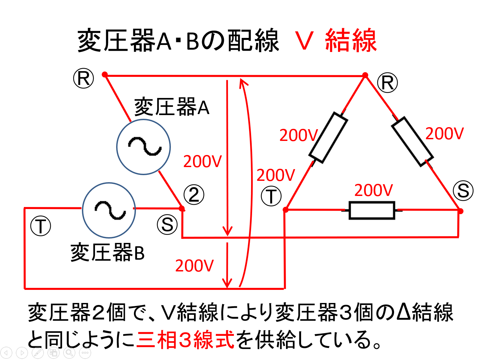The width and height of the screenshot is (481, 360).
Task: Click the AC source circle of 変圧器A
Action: [144, 147]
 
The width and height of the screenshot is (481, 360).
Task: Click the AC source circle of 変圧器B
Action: [109, 210]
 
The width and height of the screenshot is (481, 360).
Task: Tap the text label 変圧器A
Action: [172, 107]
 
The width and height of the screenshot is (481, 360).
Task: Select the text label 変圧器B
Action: [107, 253]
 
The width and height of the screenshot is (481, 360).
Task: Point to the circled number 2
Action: [194, 195]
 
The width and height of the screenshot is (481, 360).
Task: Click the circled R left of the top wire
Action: [84, 79]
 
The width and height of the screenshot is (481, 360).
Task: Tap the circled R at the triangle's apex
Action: [387, 83]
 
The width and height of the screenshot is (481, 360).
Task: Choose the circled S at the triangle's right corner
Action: [463, 191]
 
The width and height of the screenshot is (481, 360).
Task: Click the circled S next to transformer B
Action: [167, 224]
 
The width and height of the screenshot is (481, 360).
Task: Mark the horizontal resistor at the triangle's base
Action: [372, 210]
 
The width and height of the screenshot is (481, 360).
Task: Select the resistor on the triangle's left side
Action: [328, 138]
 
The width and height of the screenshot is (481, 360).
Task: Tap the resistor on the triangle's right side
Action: [412, 141]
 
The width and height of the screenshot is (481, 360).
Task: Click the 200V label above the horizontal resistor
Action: [374, 191]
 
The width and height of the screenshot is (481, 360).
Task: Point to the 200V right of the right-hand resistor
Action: [444, 134]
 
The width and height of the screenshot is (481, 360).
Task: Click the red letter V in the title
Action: [304, 41]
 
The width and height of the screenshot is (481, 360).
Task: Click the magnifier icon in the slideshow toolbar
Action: [69, 353]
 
